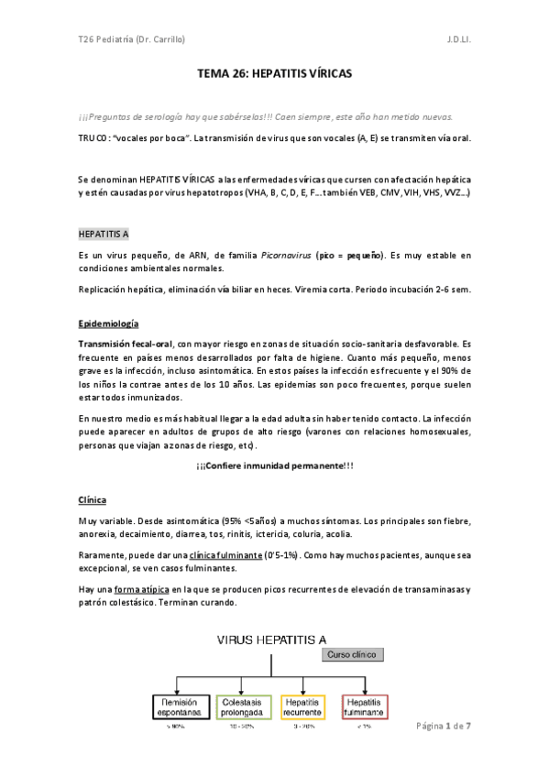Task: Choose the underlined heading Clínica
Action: [x=92, y=499]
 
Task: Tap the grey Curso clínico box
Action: [x=353, y=654]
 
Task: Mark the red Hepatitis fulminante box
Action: [x=365, y=706]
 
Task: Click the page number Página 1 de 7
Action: [x=444, y=726]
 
